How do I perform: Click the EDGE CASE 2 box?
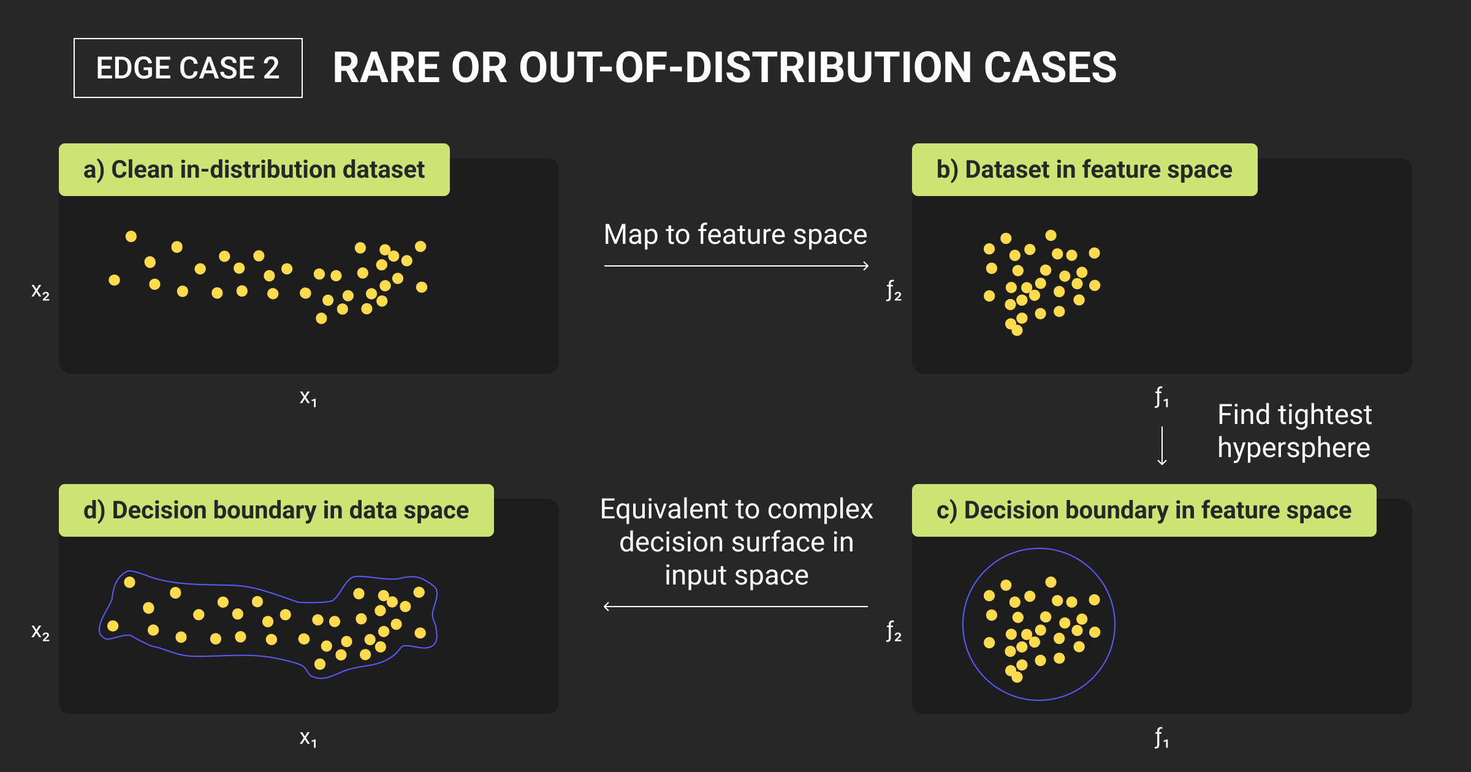[x=188, y=68]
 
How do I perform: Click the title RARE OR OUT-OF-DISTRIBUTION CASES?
[x=724, y=67]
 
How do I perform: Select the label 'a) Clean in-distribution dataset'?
[x=254, y=170]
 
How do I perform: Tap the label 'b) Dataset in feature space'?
[x=1084, y=170]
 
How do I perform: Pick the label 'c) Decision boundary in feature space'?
[x=1144, y=510]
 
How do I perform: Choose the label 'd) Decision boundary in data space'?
[x=276, y=510]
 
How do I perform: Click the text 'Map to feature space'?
[x=735, y=235]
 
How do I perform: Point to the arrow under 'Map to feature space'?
[x=737, y=266]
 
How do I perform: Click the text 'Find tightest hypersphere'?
[x=1294, y=431]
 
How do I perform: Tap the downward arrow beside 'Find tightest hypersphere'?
[x=1162, y=446]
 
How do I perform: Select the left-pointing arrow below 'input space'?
[x=735, y=607]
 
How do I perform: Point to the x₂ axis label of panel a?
[x=40, y=291]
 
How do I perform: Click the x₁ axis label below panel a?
[x=308, y=398]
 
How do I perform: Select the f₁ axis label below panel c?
[x=1161, y=738]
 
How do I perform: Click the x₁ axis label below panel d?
[x=308, y=739]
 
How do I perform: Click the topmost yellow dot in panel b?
[x=1051, y=235]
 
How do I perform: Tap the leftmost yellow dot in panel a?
[x=115, y=280]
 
